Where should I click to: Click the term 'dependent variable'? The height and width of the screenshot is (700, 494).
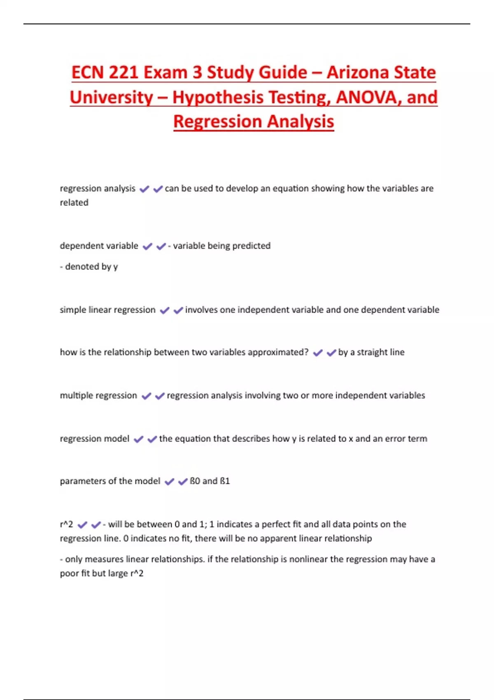pos(99,246)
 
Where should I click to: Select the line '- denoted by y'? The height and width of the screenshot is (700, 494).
pos(89,267)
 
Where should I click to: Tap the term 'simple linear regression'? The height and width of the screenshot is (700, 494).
pos(107,310)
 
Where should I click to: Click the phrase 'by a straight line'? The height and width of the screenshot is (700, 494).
pos(371,352)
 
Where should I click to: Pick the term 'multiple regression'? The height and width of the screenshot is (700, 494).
pos(98,395)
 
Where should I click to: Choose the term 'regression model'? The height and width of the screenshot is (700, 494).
pos(95,439)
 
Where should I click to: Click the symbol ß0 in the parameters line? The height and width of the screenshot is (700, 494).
pos(195,481)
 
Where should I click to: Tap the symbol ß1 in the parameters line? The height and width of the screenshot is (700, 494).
pos(225,481)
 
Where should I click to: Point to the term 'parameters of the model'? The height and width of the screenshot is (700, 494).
pos(110,481)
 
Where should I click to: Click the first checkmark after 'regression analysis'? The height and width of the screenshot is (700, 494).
pos(144,189)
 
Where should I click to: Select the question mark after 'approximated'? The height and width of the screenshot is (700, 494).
pos(306,352)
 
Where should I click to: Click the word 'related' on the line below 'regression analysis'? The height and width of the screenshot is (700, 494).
pos(74,203)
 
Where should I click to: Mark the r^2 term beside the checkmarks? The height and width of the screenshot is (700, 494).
pos(66,524)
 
